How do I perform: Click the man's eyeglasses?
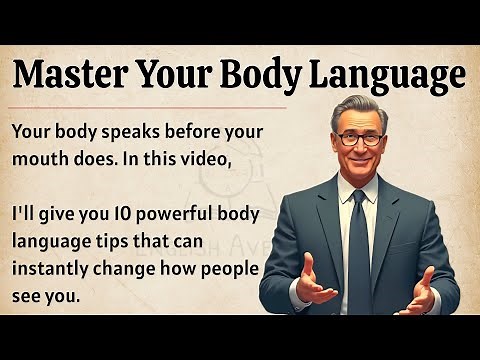pos(358,139)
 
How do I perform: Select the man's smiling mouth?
pos(358,160)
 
